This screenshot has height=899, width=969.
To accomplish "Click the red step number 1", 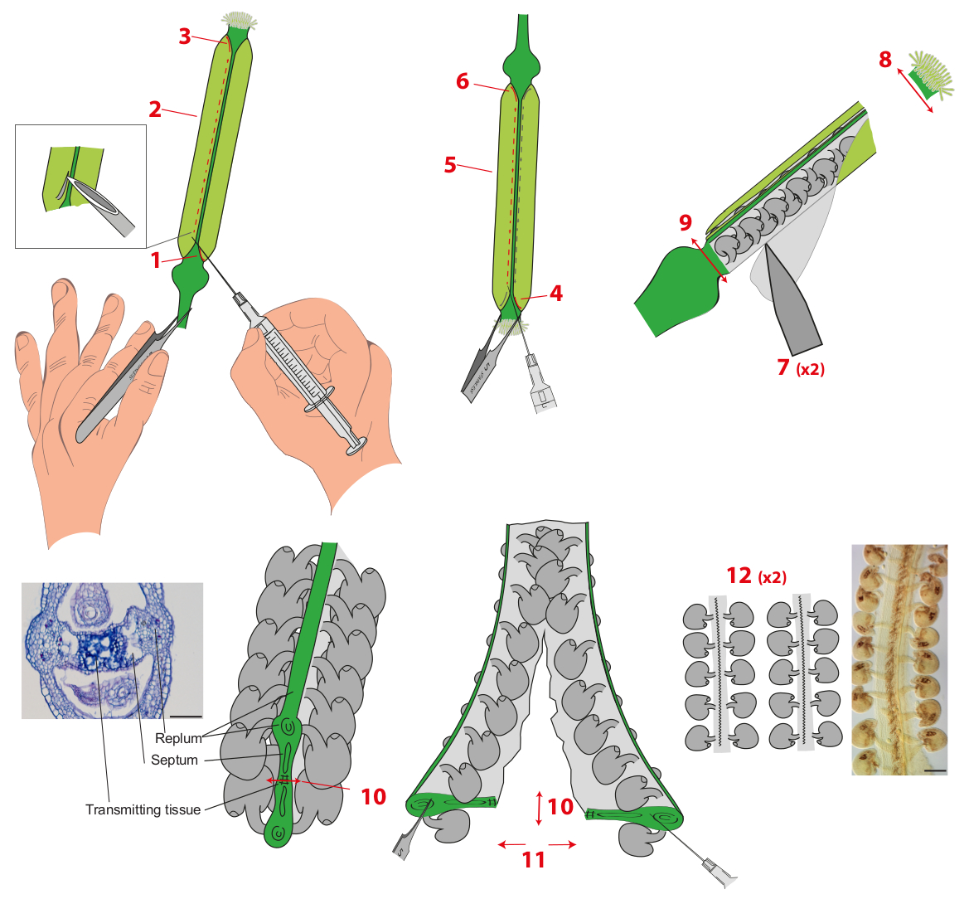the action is (x=156, y=260).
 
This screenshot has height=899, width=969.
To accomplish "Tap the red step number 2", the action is (x=155, y=109).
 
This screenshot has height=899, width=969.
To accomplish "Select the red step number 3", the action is (x=185, y=36).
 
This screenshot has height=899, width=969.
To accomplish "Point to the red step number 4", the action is (x=556, y=293).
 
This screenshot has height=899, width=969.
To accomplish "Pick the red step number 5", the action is (x=450, y=164).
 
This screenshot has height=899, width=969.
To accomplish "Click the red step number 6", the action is (x=463, y=81).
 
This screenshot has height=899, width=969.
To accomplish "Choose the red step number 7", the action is (x=783, y=367).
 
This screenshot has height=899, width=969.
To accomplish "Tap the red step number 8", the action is (x=885, y=59).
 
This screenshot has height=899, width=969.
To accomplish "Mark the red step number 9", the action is (x=685, y=222).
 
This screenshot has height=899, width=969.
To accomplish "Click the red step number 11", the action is (x=534, y=859).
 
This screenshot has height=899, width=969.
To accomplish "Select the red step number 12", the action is (x=739, y=576).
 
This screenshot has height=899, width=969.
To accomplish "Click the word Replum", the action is (x=178, y=738).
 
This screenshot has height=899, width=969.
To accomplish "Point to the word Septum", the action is (x=174, y=760).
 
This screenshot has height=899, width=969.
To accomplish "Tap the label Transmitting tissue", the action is (x=143, y=809).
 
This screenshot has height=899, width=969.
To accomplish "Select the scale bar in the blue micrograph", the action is (x=187, y=714).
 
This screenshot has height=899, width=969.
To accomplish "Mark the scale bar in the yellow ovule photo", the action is (x=934, y=770).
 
